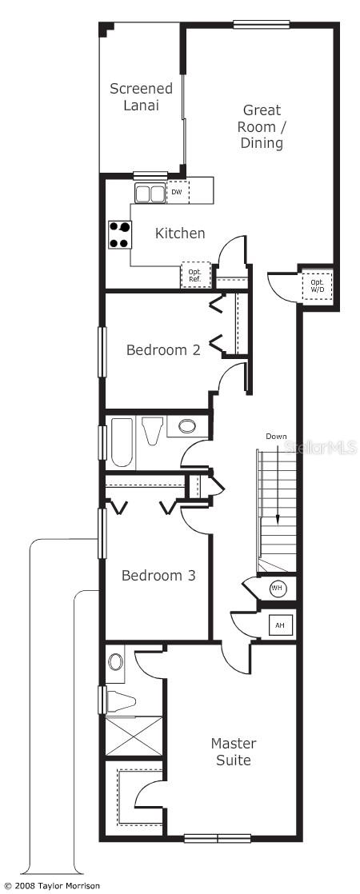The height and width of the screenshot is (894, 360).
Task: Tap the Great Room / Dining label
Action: click(262, 126)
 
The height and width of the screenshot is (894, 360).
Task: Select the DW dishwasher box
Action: click(177, 193)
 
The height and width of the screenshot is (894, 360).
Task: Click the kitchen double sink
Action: click(149, 194)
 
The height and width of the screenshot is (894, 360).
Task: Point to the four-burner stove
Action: click(120, 235)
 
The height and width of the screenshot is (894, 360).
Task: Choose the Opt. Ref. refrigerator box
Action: click(195, 274)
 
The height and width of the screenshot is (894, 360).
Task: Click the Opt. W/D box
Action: click(317, 286)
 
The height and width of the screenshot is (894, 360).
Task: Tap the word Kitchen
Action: click(180, 233)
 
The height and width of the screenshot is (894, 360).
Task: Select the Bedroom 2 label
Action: click(163, 349)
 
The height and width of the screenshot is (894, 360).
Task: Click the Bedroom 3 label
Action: click(158, 575)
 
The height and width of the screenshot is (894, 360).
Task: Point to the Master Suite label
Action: click(234, 752)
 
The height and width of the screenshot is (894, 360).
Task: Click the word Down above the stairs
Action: click(276, 437)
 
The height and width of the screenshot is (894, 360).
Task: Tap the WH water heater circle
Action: click(278, 589)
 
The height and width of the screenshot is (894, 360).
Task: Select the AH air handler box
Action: click(280, 625)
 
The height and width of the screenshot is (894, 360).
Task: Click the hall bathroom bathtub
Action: click(122, 442)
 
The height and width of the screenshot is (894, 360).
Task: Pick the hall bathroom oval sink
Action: click(187, 426)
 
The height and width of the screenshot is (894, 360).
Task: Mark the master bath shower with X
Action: click(133, 736)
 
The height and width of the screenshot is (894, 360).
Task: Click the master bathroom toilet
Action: click(119, 701)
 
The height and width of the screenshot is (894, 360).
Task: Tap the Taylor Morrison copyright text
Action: click(51, 886)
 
